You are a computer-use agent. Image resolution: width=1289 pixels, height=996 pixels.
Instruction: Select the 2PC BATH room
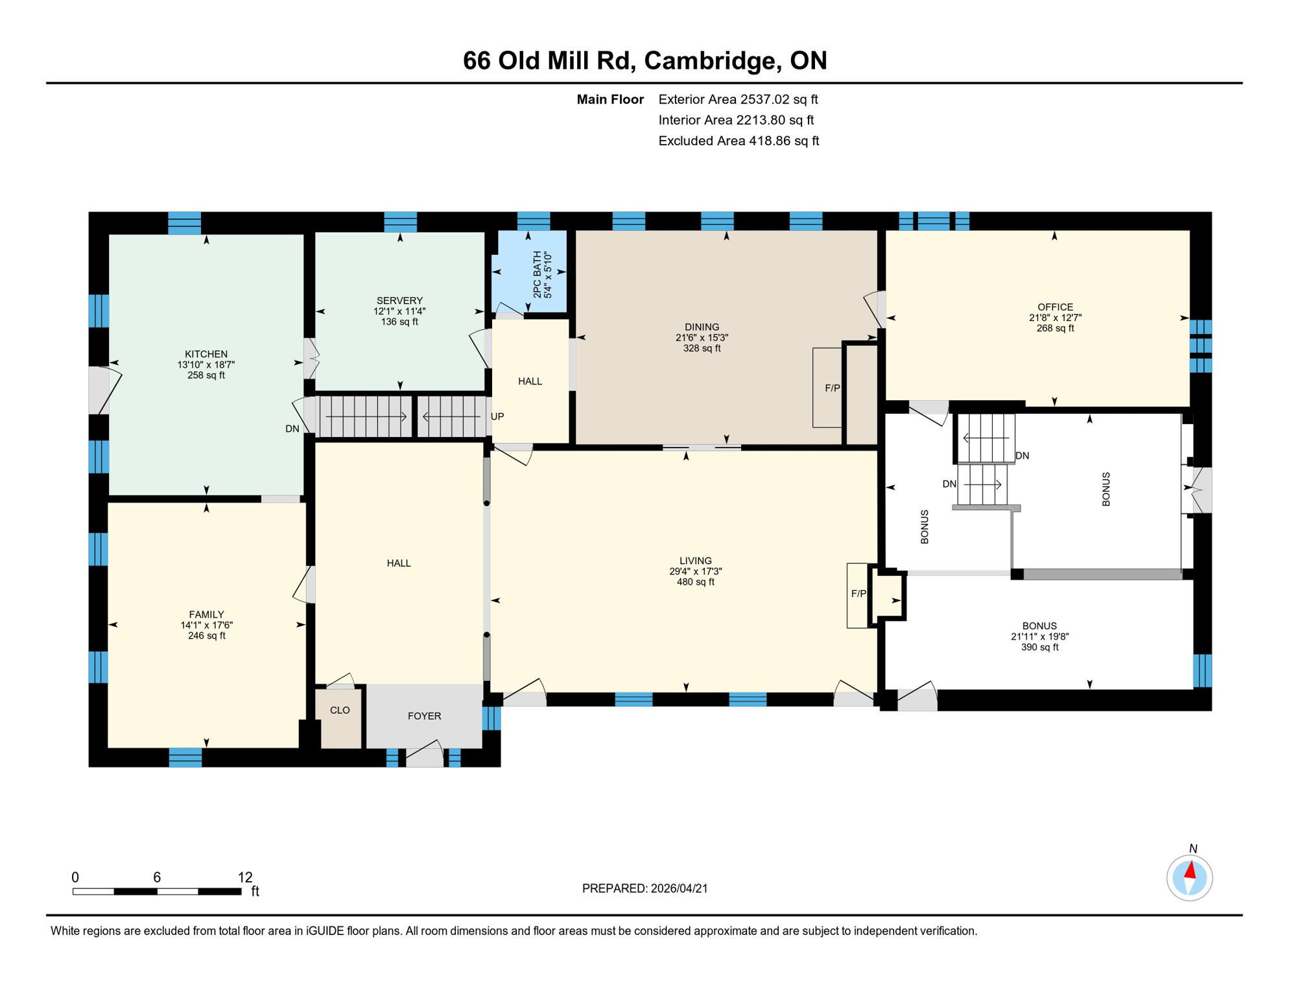tap(530, 272)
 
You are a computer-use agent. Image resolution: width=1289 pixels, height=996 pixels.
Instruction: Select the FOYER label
tap(424, 716)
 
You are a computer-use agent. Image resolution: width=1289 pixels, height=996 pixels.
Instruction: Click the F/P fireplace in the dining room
tap(828, 388)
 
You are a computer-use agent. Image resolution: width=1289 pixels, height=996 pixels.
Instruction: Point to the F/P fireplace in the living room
tap(858, 595)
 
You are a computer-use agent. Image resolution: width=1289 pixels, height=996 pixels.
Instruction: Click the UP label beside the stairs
tap(497, 416)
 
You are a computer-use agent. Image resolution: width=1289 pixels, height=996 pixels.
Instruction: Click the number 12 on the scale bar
tap(245, 877)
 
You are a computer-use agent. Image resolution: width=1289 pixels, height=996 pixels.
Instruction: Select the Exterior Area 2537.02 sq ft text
tap(738, 99)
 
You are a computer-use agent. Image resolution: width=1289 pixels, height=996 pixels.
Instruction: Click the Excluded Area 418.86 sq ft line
tap(739, 141)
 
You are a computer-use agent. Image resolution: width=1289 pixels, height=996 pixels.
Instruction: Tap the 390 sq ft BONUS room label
tap(1039, 636)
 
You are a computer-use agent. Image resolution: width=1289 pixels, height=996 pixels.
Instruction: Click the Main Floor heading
tap(610, 99)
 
